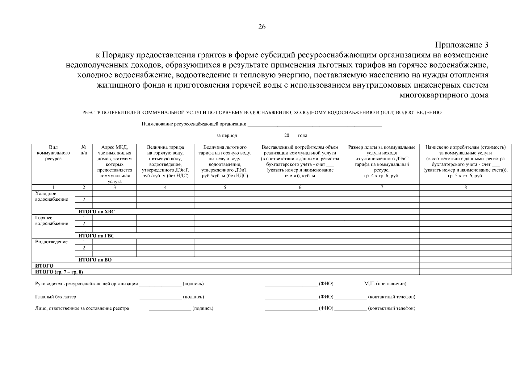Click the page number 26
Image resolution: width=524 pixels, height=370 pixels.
(x=262, y=27)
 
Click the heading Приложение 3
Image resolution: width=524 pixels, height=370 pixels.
(x=462, y=45)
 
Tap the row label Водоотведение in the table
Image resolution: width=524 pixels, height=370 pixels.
(x=51, y=242)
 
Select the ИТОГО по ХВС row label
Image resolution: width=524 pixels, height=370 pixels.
(x=97, y=212)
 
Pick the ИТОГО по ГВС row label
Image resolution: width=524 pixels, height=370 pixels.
(x=96, y=236)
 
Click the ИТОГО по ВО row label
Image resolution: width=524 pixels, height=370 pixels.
(x=95, y=260)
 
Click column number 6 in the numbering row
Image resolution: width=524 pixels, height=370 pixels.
(x=300, y=187)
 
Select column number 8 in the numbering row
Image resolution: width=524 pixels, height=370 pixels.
(x=465, y=187)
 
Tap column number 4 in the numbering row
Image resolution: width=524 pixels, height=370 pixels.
(x=165, y=187)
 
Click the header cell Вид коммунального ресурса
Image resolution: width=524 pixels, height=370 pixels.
(x=53, y=153)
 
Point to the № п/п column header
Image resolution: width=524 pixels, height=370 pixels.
(x=84, y=150)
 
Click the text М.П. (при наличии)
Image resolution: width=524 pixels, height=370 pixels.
(x=385, y=284)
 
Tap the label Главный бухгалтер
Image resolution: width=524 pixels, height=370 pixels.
(x=56, y=297)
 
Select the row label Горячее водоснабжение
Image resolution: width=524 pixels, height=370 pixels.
(x=52, y=221)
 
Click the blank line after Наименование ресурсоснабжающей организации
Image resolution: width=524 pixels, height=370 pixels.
(x=315, y=125)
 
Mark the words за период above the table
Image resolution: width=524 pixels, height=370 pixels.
(x=227, y=136)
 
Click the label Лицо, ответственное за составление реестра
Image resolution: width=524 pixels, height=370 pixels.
(x=82, y=308)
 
